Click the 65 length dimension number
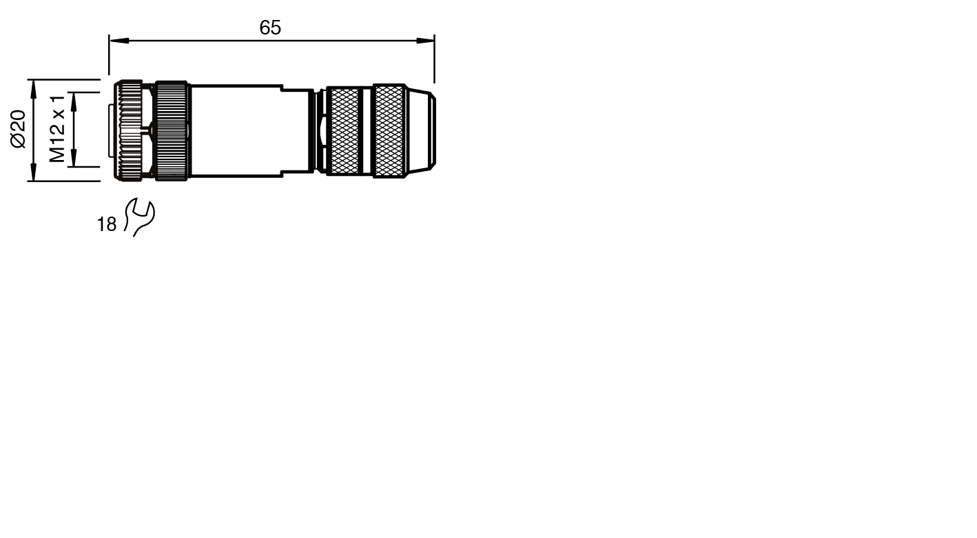(270, 28)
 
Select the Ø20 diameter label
(19, 129)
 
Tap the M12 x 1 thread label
(57, 129)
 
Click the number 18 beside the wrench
(106, 224)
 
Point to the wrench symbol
(140, 217)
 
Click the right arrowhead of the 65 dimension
(425, 41)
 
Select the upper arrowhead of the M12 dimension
(74, 101)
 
